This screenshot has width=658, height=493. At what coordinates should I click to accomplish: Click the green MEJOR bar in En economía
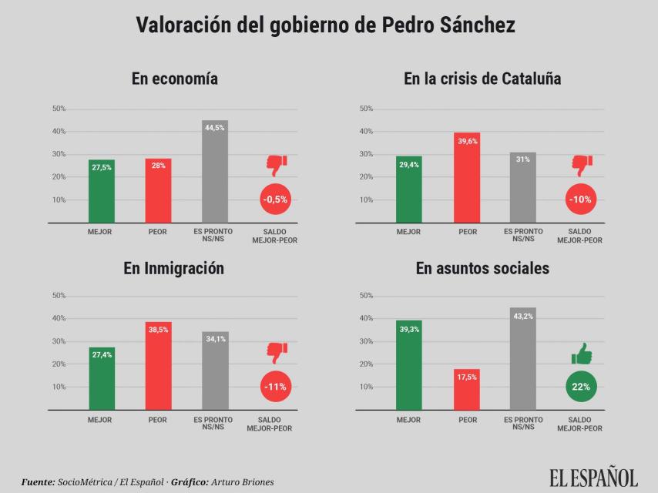[x=101, y=192]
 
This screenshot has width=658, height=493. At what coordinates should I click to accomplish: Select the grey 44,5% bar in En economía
[x=215, y=173]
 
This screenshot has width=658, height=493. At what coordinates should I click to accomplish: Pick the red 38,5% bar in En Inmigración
[x=158, y=366]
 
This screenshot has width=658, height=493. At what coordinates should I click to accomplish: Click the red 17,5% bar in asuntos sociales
[x=467, y=390]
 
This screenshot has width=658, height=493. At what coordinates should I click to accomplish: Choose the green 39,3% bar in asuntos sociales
[x=408, y=365]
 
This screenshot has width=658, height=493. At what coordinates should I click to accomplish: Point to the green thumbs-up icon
[x=582, y=354]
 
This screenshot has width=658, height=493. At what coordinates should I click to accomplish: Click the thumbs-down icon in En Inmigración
[x=276, y=353]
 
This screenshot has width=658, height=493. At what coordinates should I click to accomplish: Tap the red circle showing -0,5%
[x=275, y=200]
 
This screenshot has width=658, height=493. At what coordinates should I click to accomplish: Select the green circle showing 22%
[x=581, y=387]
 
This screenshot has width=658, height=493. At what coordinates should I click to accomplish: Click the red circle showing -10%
[x=580, y=200]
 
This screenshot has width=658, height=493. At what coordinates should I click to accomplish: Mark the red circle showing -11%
[x=275, y=387]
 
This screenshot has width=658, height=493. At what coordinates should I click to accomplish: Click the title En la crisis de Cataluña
[x=482, y=79]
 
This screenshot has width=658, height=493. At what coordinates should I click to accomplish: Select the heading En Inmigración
[x=174, y=268]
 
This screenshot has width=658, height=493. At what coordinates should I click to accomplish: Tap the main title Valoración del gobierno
[x=325, y=25]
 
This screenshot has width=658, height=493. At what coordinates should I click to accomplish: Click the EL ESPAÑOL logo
[x=593, y=478]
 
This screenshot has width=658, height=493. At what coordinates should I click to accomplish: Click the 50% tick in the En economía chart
[x=59, y=109]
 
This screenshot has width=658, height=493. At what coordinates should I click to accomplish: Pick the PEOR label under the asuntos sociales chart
[x=467, y=420]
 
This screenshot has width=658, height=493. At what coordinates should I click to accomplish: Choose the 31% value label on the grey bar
[x=523, y=159]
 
